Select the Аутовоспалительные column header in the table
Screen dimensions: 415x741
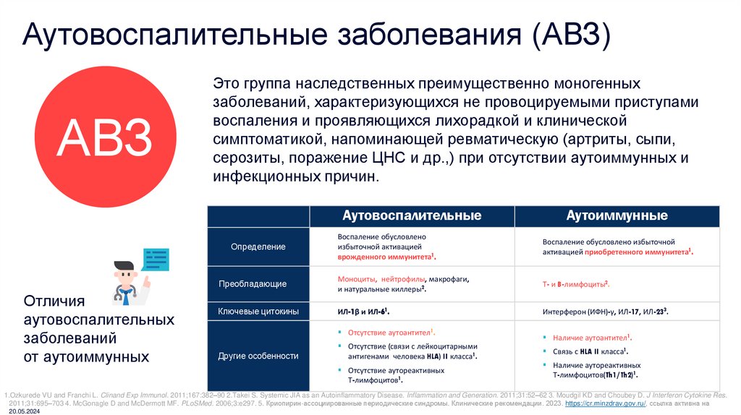tap(412, 216)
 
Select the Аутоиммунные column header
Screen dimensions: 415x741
tap(617, 216)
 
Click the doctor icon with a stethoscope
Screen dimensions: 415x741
tap(130, 279)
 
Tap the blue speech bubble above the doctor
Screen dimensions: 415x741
tap(156, 259)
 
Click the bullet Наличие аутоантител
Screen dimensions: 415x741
tap(590, 338)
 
